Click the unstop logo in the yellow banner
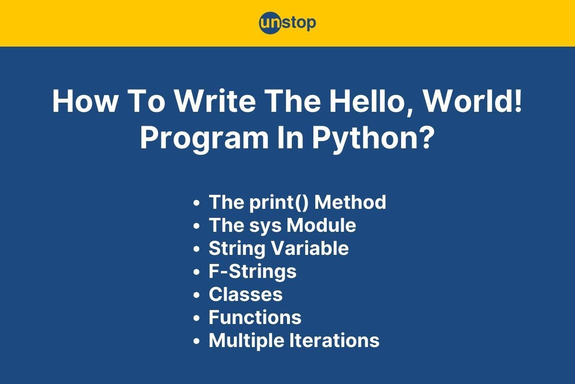coord(287,23)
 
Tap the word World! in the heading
coord(472,101)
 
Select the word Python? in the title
coord(373,138)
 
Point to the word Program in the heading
coord(204,139)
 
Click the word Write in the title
coord(215,101)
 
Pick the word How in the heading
coord(85,101)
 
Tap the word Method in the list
coord(350,202)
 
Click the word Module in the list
coord(321,225)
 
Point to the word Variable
coord(310,248)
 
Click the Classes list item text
coord(246,294)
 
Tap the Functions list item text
coord(255,317)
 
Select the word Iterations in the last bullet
coord(334,340)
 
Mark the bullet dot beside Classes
coord(196,295)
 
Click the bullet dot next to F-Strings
coord(196,272)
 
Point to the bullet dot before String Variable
coord(196,249)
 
